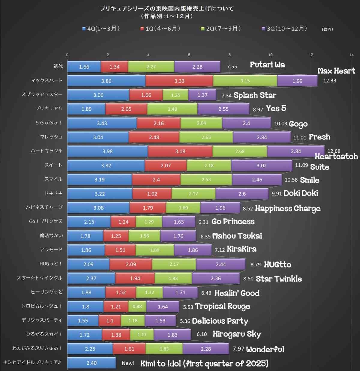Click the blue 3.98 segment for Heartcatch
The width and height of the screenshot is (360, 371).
[107, 151]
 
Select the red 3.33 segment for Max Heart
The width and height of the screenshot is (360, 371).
[179, 81]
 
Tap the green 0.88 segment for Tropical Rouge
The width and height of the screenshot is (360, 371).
[137, 307]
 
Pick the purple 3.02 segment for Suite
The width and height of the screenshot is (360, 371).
[261, 166]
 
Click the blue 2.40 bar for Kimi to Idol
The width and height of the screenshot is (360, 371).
[91, 363]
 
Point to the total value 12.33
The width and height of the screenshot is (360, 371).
[330, 81]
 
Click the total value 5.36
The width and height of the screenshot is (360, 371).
[185, 321]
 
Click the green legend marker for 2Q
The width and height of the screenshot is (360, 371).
[203, 28]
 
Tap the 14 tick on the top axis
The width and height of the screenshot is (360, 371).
[351, 55]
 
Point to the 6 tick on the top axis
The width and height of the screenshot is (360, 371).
[189, 55]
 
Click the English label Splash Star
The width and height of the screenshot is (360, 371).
[255, 95]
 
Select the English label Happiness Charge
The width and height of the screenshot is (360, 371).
[287, 208]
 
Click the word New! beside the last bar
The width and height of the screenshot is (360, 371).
[128, 363]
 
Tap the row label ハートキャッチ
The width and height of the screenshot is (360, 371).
[46, 151]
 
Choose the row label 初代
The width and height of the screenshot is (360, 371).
[58, 66]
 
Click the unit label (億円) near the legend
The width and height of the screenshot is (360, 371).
[327, 29]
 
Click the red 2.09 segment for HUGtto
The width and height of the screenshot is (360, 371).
[131, 264]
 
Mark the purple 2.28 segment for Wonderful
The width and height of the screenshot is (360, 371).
[206, 349]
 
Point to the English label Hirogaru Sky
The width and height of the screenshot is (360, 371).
[237, 334]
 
